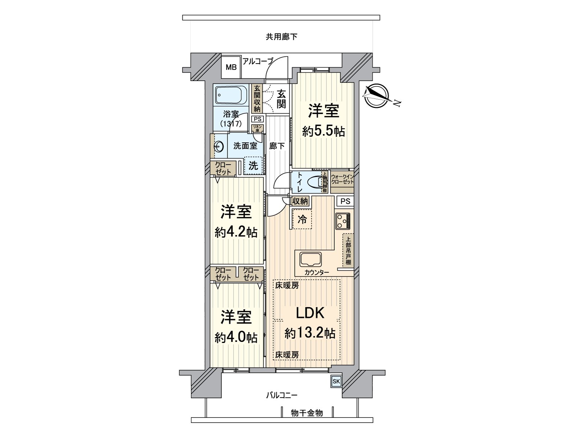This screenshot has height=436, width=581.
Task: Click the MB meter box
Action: click(231, 67)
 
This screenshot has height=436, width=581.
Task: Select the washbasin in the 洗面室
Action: click(218, 147)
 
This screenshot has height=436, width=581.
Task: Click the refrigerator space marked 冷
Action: click(302, 219)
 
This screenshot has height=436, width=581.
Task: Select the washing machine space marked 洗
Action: click(253, 166)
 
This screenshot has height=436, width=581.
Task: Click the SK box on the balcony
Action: click(336, 381)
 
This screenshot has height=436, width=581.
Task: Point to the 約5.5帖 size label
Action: click(324, 131)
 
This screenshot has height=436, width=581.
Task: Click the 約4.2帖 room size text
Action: click(236, 232)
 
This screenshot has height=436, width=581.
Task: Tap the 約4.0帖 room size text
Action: click(236, 338)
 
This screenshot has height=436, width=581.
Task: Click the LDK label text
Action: click(310, 313)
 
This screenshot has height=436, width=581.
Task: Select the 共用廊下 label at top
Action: click(281, 37)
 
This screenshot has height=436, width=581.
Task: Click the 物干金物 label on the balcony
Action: click(307, 413)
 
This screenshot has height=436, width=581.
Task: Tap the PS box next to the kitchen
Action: click(345, 201)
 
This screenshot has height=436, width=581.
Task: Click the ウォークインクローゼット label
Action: click(342, 179)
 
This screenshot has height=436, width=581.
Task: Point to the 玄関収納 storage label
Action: click(257, 98)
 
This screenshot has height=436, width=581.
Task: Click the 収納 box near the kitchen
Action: click(300, 201)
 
